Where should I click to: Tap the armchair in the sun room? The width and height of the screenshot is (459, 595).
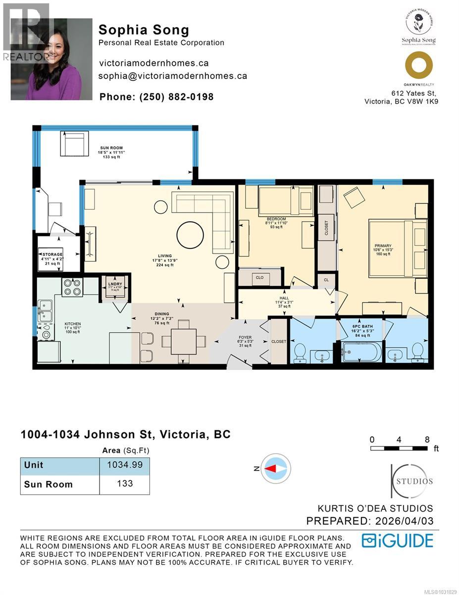[x=75, y=143]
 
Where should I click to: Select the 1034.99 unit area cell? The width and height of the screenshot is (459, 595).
[x=124, y=465]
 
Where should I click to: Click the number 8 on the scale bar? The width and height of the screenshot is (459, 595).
[x=427, y=439]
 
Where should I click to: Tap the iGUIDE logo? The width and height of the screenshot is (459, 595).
[x=397, y=540]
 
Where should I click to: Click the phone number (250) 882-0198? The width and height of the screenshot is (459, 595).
[x=156, y=97]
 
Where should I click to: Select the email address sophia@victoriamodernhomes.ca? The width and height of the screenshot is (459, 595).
[x=173, y=76]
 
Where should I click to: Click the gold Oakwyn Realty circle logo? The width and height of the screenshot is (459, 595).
[x=418, y=65]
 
